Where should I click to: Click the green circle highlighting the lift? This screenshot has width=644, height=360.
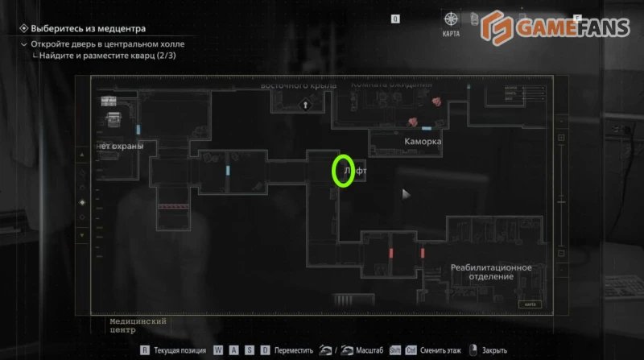pos(344,171)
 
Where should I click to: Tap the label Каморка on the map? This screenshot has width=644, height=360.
pos(423,141)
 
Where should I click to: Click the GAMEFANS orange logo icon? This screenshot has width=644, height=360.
pos(497,28)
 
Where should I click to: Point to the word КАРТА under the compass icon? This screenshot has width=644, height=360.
pos(452,35)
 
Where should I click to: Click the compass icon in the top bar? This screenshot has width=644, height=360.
pos(452,19)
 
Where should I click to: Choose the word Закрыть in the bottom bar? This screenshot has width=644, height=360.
pos(494,350)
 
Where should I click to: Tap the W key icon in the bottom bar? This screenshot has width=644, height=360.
pos(218,350)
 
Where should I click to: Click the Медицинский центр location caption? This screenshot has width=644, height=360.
pos(138,325)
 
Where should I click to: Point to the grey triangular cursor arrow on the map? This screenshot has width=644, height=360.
pos(407,194)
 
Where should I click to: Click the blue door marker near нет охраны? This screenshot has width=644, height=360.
pos(138,129)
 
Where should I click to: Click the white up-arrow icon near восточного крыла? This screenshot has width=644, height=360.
pos(305,104)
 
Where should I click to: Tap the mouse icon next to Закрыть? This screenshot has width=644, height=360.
pos(474,350)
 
